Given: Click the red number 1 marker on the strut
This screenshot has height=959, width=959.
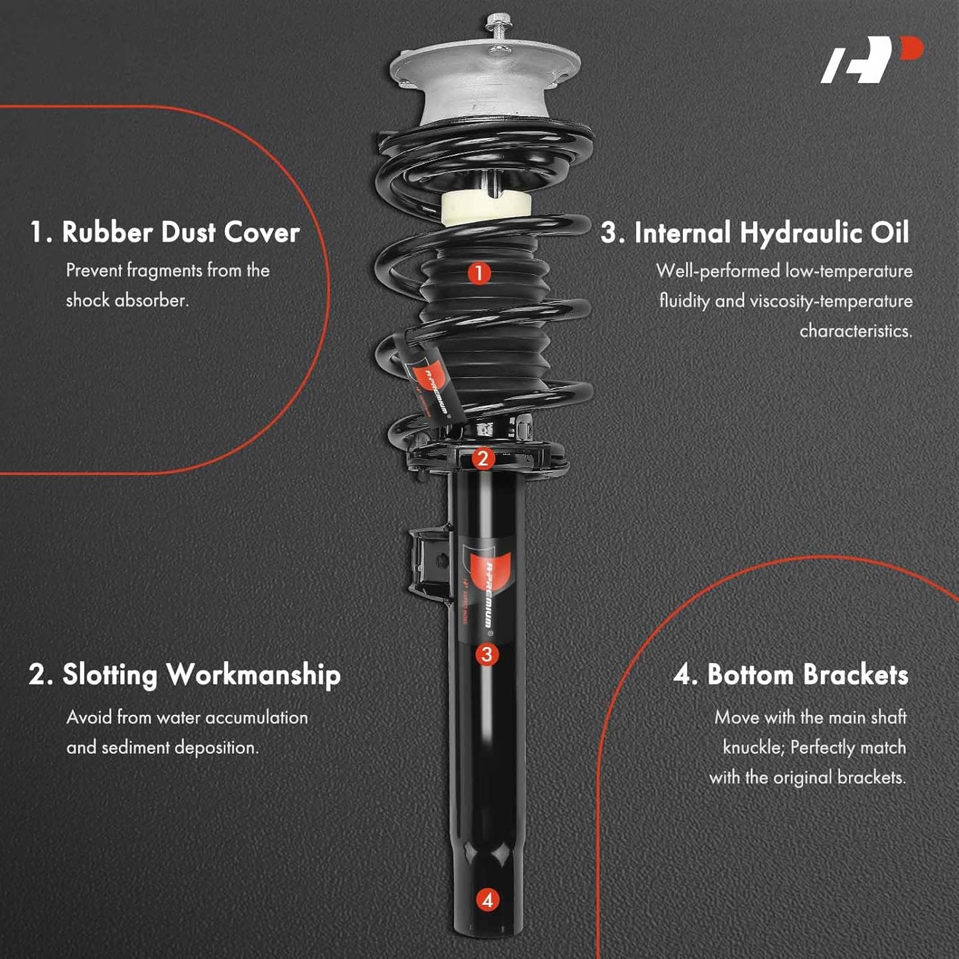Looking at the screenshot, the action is (x=479, y=273).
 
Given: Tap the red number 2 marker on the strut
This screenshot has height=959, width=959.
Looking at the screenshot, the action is (x=482, y=459).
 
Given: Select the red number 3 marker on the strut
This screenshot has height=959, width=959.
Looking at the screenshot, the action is (x=486, y=654).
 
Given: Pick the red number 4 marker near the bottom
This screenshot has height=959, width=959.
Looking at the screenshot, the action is (x=487, y=900).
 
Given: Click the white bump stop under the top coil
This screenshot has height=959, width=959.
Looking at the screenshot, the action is (x=486, y=208).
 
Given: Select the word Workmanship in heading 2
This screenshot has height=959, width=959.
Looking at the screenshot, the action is (x=254, y=676).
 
